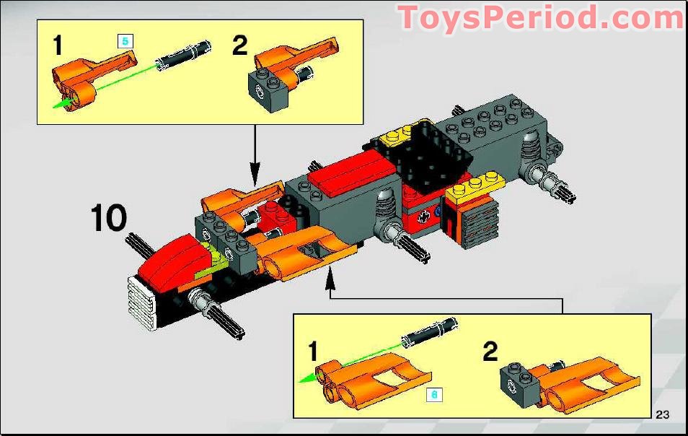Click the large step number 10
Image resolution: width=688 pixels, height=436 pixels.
coord(109,219)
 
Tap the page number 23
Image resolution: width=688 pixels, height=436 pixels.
coord(663,414)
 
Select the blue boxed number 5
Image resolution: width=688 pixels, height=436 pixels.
coord(125,41)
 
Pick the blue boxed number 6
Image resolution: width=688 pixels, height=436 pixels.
coord(433,394)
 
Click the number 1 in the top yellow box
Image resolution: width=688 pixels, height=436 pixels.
coord(58,47)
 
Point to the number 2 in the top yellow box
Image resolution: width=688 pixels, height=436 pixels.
coord(239,45)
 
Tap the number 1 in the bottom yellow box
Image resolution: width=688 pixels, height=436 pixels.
coord(312,352)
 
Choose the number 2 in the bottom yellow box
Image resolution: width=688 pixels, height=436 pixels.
coord(490,352)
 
